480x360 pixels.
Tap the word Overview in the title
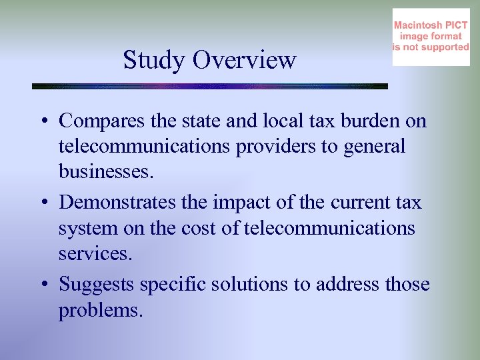point(244,60)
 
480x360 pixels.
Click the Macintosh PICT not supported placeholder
point(431,37)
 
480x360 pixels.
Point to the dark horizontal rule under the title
point(210,86)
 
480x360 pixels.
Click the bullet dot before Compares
point(42,121)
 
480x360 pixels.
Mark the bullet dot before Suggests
point(42,285)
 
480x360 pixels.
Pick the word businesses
point(106,172)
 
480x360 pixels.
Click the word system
point(81,229)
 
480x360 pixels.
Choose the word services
point(92,254)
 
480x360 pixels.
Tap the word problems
point(100,310)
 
